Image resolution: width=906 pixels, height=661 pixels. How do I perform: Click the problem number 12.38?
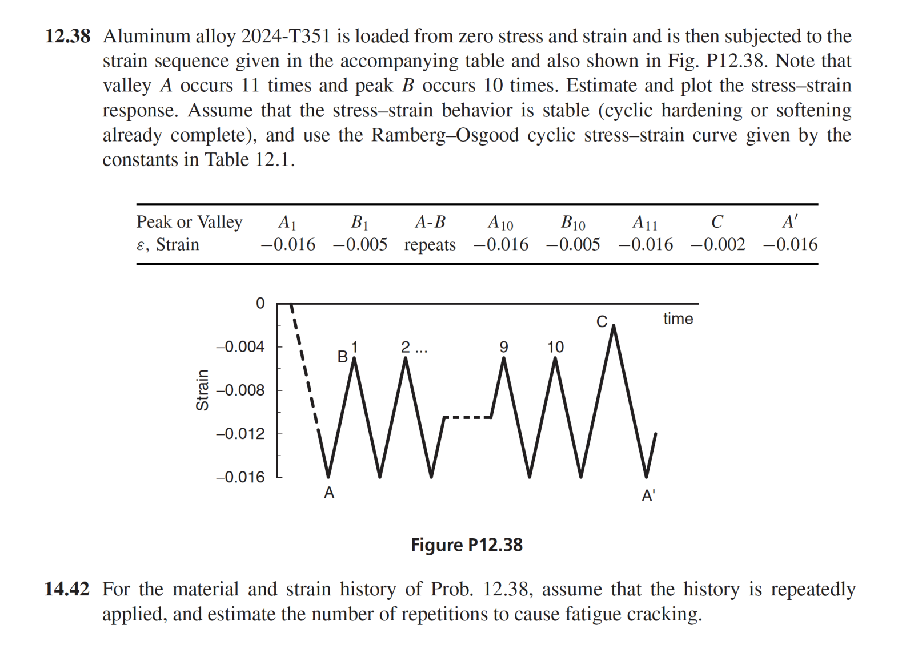67,36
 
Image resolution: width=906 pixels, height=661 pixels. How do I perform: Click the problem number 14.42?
67,589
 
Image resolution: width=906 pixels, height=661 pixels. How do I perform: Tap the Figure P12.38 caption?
466,545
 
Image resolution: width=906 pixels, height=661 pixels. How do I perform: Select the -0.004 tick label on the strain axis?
240,346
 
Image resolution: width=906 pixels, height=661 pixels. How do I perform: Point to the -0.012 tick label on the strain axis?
240,433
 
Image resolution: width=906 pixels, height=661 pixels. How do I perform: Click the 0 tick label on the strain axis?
260,303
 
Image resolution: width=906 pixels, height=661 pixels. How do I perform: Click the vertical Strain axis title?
202,390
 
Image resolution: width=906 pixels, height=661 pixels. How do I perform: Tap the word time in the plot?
678,319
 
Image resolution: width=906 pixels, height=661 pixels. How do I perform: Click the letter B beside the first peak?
342,357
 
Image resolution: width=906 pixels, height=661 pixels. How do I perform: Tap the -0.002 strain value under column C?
717,244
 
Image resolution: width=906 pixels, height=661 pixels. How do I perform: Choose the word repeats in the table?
430,245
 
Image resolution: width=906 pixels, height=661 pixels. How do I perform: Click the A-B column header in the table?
430,221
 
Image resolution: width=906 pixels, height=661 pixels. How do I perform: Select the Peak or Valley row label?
189,221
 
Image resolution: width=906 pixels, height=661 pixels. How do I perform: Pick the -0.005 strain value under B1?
360,244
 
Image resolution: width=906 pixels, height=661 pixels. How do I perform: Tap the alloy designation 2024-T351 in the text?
286,36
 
